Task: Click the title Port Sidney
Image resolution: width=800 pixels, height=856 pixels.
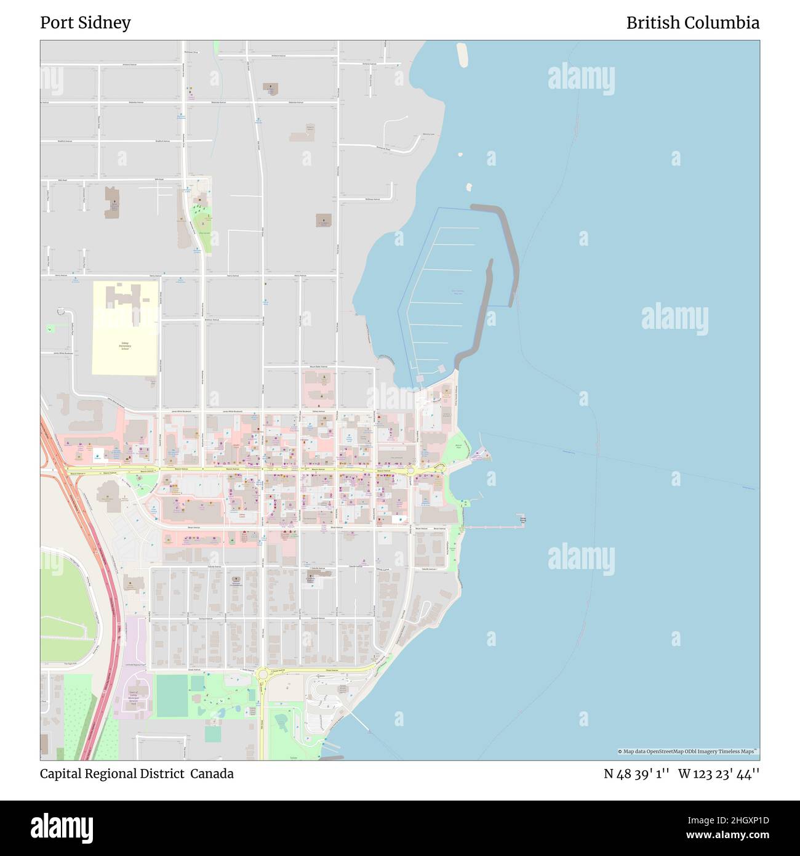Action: tap(86, 23)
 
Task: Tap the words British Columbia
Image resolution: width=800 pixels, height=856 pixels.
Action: tap(692, 23)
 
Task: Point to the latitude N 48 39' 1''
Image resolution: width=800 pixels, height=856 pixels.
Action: tap(636, 773)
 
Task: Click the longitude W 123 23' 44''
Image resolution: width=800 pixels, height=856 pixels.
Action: tap(718, 773)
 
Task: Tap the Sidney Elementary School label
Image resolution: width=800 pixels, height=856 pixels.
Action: tap(125, 347)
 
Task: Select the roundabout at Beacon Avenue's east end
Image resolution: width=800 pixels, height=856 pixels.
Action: tap(410, 471)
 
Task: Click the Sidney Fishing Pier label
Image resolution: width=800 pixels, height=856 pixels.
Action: tap(522, 520)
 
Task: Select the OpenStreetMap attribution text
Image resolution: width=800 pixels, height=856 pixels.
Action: tap(688, 751)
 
